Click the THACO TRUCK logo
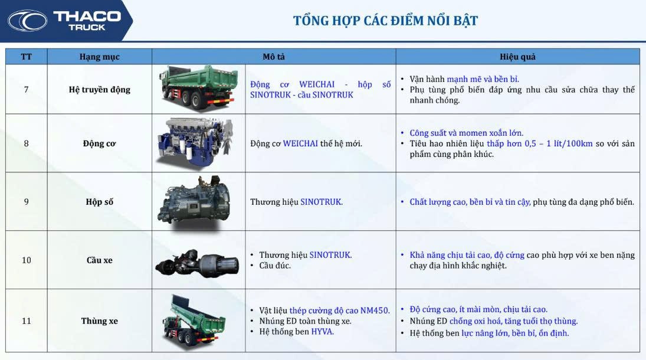click(64, 21)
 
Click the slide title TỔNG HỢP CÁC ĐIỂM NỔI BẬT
click(385, 21)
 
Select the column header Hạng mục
click(99, 57)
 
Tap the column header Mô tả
click(274, 57)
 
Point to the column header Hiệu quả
click(517, 57)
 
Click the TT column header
click(27, 57)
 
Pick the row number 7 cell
click(27, 90)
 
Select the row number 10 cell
click(27, 260)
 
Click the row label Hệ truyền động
click(99, 90)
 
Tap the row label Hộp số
click(99, 202)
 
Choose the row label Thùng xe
click(99, 321)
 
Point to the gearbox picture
click(194, 201)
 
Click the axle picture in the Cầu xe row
click(197, 262)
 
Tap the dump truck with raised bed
click(194, 320)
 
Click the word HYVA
click(322, 332)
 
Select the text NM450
click(375, 310)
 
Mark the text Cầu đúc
click(275, 266)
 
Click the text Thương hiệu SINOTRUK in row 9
click(296, 202)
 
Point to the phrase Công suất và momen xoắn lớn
click(467, 133)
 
